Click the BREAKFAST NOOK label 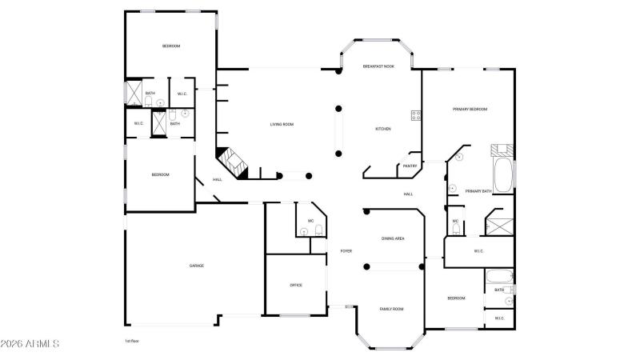[378, 66]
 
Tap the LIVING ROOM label [282, 124]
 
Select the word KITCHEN [383, 129]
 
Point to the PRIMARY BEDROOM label [470, 109]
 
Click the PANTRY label [410, 166]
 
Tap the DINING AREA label [392, 238]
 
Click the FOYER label [346, 251]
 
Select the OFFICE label [296, 285]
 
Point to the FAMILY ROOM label [391, 309]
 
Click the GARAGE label [196, 266]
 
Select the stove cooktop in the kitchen [416, 115]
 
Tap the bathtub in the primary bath [502, 176]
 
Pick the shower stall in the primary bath [500, 224]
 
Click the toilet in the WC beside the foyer [318, 231]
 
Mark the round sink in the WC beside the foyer [303, 232]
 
